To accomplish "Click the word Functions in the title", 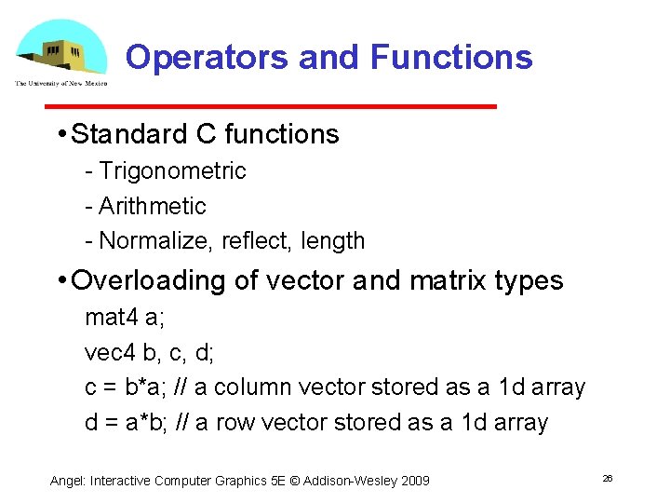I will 451,57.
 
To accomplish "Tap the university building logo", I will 61,51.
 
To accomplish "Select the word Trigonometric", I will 172,171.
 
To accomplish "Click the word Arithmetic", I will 152,206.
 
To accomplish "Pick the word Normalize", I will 156,241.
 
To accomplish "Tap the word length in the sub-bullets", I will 332,241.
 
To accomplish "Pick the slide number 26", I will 608,478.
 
